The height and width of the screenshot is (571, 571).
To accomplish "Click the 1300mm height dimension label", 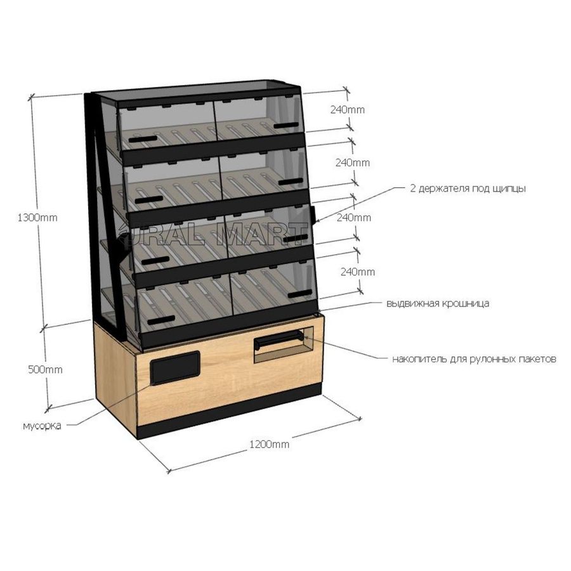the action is pyautogui.click(x=37, y=218).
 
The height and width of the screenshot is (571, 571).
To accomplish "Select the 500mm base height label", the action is pyautogui.click(x=45, y=370).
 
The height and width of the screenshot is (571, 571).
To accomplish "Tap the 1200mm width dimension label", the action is pyautogui.click(x=270, y=444).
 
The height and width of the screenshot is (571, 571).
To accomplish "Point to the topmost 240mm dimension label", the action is pyautogui.click(x=348, y=110).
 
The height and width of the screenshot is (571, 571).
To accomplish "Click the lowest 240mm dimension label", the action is pyautogui.click(x=358, y=272).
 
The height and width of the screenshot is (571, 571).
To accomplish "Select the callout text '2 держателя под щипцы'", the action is pyautogui.click(x=468, y=188).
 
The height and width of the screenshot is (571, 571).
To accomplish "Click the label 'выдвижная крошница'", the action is pyautogui.click(x=438, y=303).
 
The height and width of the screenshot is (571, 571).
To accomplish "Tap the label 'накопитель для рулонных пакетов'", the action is pyautogui.click(x=474, y=359).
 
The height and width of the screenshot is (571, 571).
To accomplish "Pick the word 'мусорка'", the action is pyautogui.click(x=42, y=426).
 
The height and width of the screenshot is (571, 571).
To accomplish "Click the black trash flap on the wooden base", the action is pyautogui.click(x=175, y=368).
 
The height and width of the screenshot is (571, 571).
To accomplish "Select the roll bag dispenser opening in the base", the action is pyautogui.click(x=284, y=345).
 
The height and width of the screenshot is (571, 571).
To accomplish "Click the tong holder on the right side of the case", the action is pyautogui.click(x=313, y=215).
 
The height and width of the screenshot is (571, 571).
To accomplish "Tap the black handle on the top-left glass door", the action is pyautogui.click(x=143, y=139).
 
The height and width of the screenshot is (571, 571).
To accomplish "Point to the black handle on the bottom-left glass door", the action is pyautogui.click(x=161, y=320).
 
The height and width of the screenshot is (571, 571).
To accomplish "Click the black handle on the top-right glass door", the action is pyautogui.click(x=286, y=126).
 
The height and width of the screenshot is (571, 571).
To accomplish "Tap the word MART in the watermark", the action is pyautogui.click(x=261, y=234).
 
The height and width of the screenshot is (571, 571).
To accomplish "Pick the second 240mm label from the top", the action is pyautogui.click(x=353, y=162).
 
